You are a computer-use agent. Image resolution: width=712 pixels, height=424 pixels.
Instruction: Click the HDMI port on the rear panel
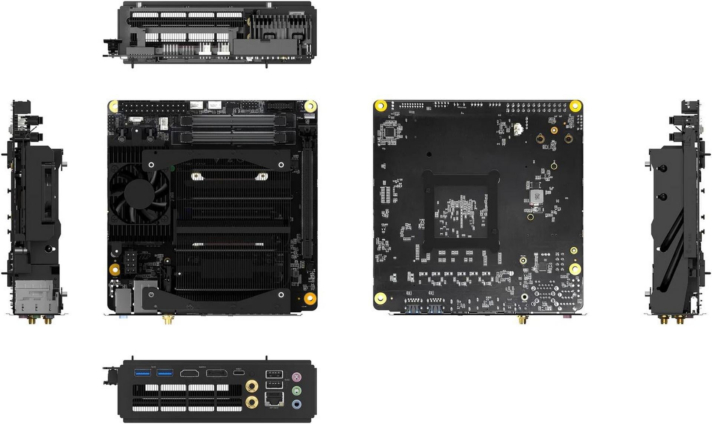189,373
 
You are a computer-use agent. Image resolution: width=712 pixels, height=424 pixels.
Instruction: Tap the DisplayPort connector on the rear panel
217,373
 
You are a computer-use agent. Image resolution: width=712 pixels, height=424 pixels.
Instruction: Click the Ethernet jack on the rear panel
274,399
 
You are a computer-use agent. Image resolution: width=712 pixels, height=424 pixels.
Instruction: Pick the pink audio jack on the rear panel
296,378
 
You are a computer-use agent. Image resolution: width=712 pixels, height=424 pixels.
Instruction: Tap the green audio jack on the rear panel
296,391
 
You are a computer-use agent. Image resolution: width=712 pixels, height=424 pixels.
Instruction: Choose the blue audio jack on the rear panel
296,404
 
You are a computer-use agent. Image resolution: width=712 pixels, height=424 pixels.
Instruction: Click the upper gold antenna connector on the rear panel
251,387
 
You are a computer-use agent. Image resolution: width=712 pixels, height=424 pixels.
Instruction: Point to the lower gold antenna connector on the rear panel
251,401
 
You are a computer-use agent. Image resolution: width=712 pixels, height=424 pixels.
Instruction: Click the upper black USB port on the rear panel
274,374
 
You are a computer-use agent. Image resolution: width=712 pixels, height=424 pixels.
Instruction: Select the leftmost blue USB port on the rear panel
142,372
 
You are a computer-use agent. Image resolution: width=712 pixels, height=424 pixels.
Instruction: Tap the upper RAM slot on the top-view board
232,121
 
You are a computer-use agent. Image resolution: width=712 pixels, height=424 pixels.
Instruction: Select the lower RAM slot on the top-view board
232,138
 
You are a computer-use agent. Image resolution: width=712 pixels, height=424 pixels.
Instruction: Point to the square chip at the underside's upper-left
389,132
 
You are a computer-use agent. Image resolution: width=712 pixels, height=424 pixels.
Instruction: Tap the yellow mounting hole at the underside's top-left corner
380,105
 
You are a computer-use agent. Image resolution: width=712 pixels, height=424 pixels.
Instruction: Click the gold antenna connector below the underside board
522,320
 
